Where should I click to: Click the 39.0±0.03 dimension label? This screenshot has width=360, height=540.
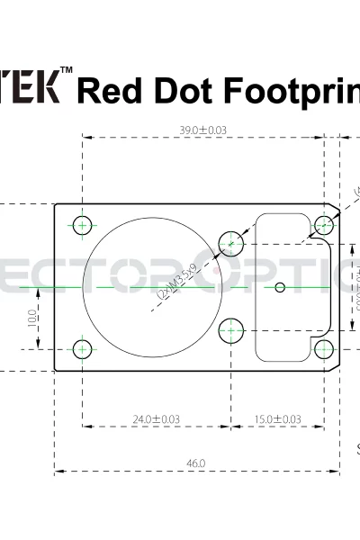point(202,130)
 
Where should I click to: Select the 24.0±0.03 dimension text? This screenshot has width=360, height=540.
point(156,419)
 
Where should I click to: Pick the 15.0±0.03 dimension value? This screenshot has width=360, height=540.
point(277,419)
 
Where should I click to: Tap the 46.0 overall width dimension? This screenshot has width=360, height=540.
point(196,463)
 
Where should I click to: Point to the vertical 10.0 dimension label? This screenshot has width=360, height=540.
point(32,317)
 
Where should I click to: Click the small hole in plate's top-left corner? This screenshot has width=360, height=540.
point(83,224)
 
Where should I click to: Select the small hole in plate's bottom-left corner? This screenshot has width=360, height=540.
point(83,348)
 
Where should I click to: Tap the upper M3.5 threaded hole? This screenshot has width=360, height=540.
point(232,242)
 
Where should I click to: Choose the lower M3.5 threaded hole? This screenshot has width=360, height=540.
point(232,330)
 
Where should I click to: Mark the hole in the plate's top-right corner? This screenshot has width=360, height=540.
point(323,224)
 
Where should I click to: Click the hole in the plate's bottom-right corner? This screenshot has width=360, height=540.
point(323,348)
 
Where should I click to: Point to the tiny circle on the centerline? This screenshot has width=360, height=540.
point(280,287)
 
